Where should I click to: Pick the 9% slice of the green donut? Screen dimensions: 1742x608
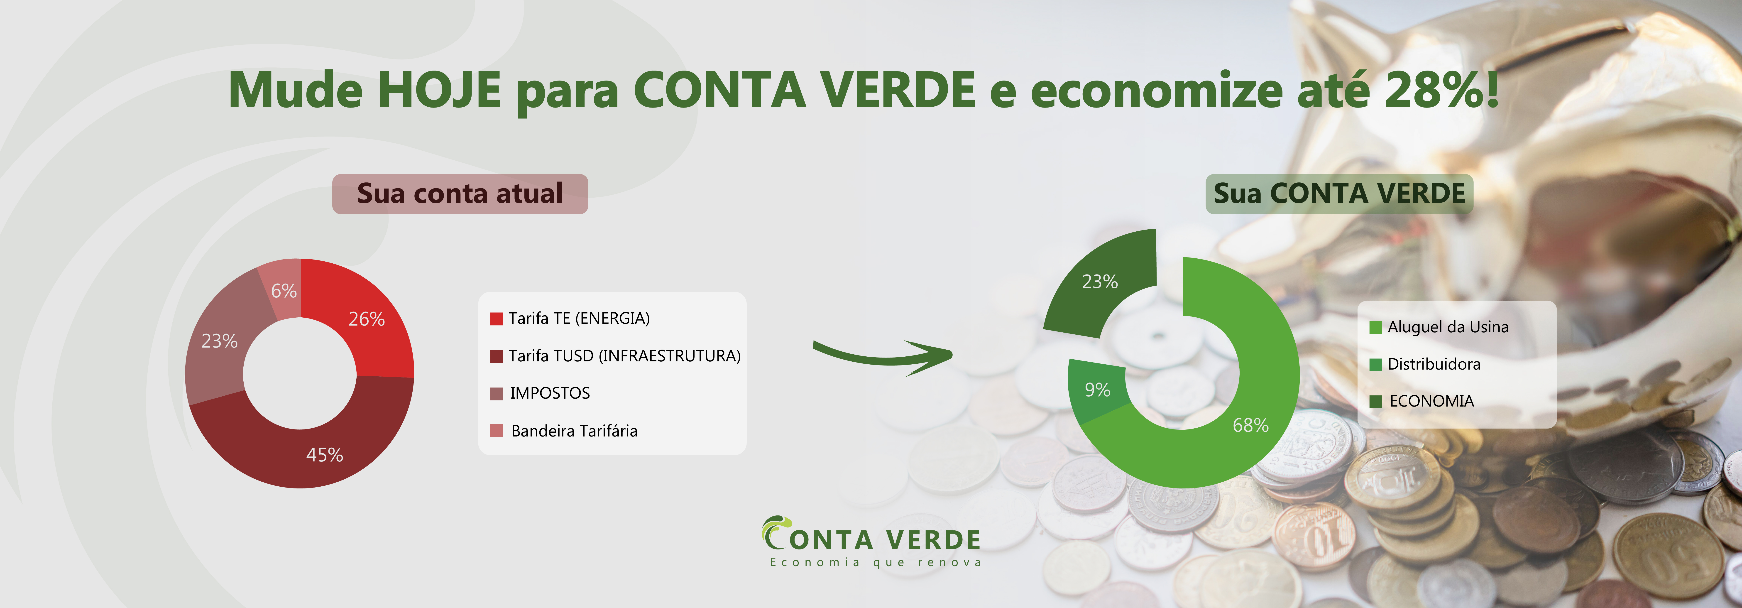[x=1097, y=390]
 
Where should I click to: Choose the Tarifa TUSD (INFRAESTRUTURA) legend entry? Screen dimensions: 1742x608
[x=615, y=356]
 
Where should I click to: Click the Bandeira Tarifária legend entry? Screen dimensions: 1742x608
[x=564, y=431]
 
